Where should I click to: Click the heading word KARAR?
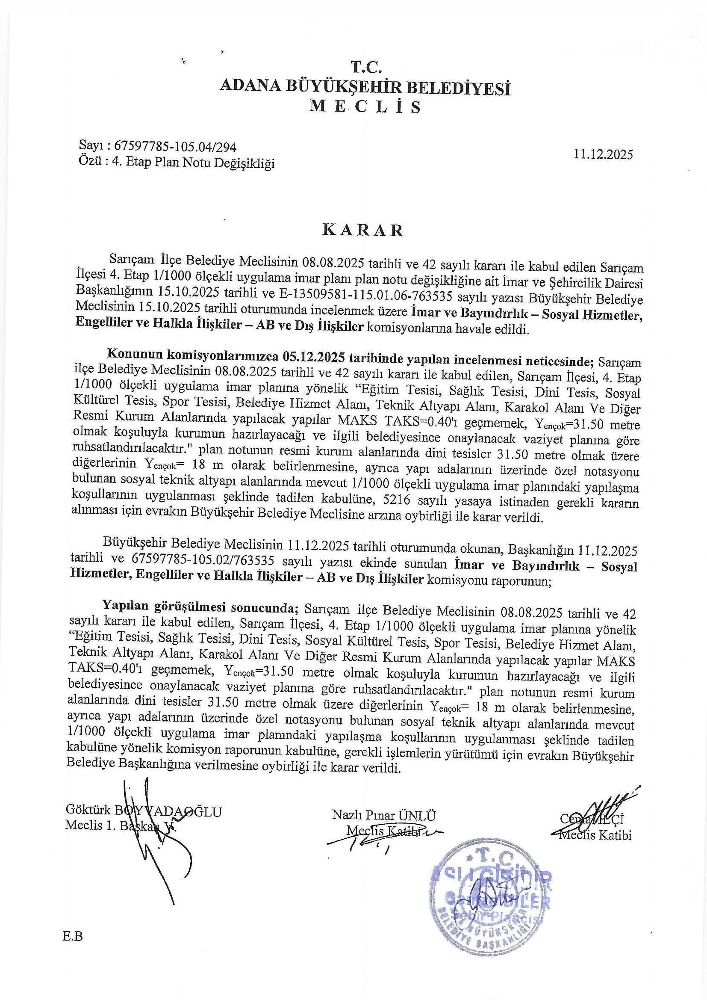coord(362,231)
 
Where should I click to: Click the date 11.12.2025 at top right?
coord(603,154)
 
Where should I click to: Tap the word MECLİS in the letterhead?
coord(365,107)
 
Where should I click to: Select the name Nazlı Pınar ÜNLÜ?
coord(383,815)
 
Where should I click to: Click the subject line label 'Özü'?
coord(87,163)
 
